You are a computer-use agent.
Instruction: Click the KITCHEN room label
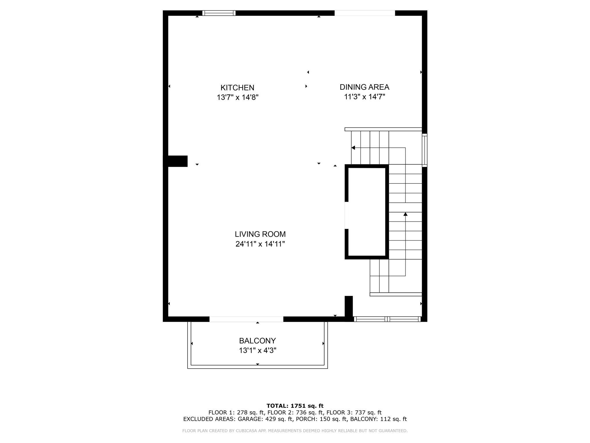(x=237, y=88)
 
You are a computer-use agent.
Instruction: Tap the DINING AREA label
(x=364, y=87)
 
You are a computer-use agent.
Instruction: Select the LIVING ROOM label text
(x=260, y=234)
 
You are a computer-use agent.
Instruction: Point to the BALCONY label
(x=257, y=341)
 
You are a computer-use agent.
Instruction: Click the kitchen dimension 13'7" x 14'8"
(x=237, y=97)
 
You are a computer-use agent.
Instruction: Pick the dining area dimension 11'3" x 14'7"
(x=364, y=97)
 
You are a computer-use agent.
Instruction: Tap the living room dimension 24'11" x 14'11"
(x=260, y=244)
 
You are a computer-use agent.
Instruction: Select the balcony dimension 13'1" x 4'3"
(x=257, y=351)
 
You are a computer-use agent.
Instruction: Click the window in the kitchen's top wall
(x=219, y=13)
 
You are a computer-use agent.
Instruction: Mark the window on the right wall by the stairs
(x=424, y=150)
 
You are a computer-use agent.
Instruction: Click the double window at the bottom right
(x=387, y=319)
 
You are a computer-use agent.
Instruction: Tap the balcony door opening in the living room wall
(x=246, y=319)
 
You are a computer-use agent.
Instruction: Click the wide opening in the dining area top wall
(x=364, y=13)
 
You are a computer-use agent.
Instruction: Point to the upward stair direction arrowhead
(x=405, y=214)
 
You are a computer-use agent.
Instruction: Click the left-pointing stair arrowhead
(x=353, y=148)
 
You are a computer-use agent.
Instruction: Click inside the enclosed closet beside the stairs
(x=367, y=212)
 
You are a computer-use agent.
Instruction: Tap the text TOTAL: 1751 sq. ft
(x=295, y=406)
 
